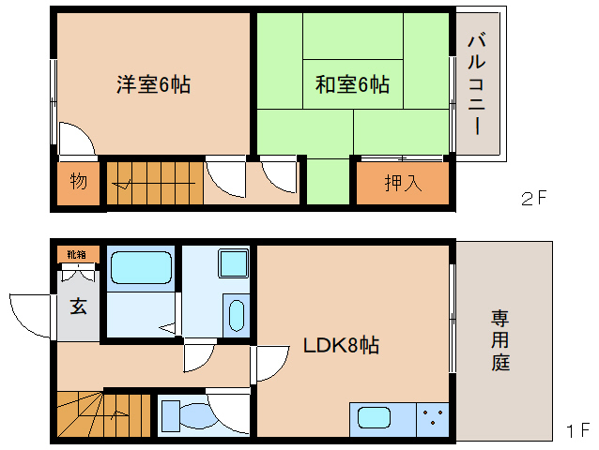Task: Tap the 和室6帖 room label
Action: point(352,85)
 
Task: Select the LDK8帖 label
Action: point(340,345)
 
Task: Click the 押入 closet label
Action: point(403,182)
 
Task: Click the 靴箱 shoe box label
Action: point(76,253)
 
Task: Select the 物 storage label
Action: point(78,181)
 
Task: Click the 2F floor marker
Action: point(533,198)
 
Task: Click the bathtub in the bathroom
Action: point(140,269)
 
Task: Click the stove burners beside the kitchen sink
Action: point(433,418)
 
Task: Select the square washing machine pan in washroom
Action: point(232,262)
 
